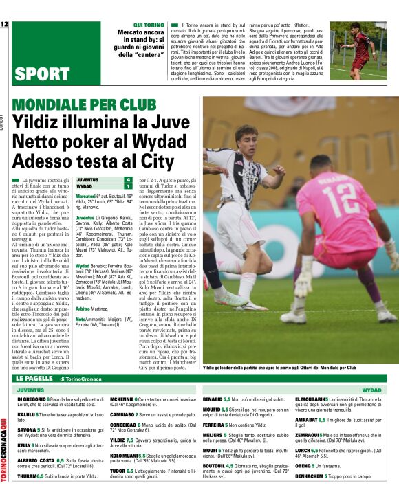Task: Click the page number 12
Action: coord(4,25)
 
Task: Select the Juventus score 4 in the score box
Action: coord(127,179)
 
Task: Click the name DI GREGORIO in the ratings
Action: coord(31,399)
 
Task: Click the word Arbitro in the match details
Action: coord(85,309)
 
